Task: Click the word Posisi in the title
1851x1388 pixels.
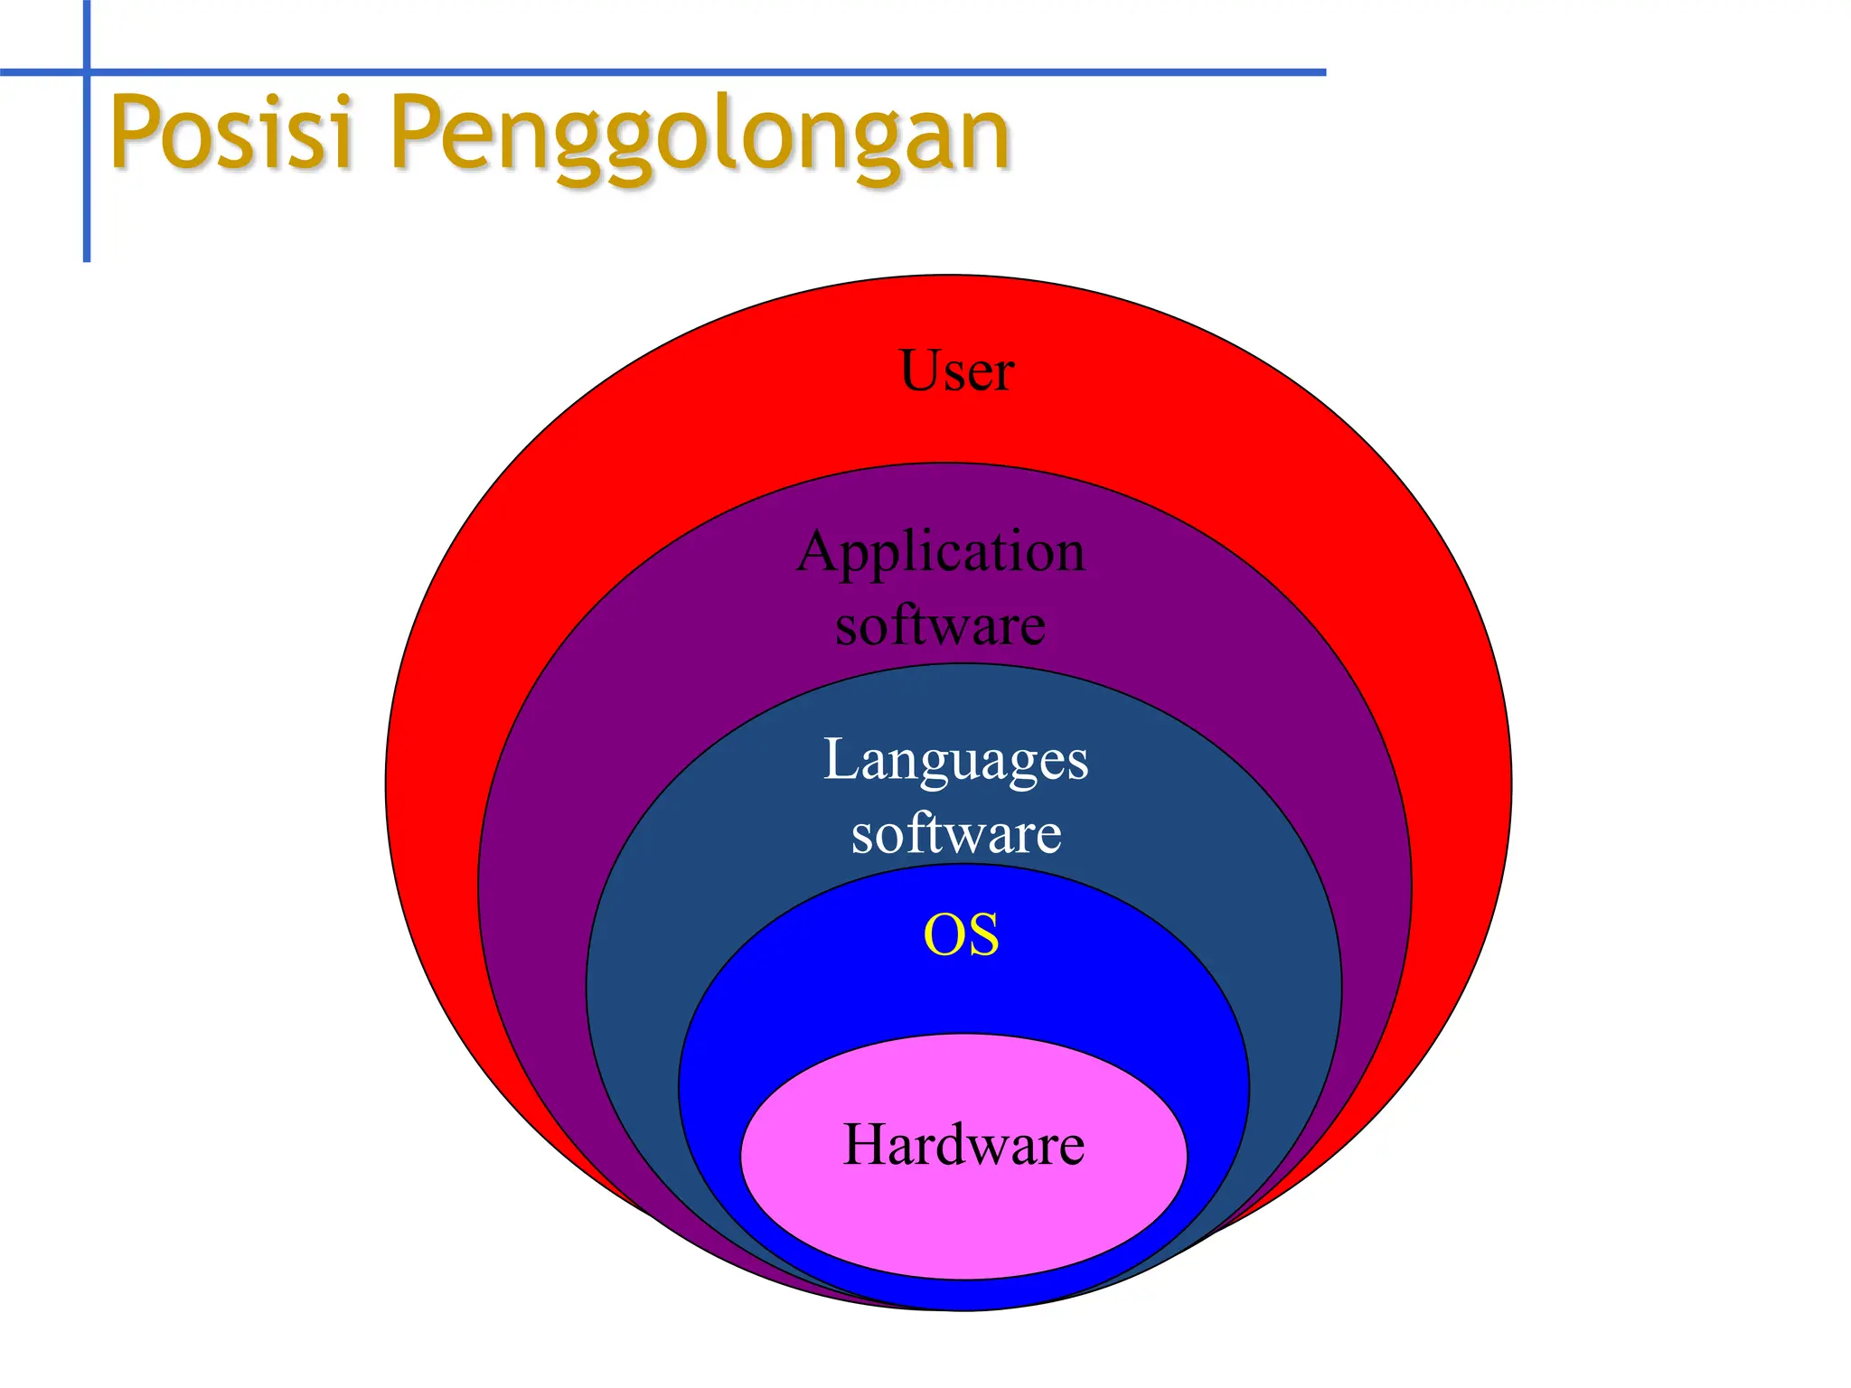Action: click(x=230, y=134)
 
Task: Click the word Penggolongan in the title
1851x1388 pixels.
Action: click(x=700, y=136)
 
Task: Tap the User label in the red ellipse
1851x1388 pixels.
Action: click(x=956, y=370)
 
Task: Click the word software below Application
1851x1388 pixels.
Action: click(x=940, y=625)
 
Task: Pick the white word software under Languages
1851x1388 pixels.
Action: click(x=955, y=833)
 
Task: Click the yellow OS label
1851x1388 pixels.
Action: click(x=961, y=934)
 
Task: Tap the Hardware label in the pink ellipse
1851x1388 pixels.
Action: click(x=963, y=1145)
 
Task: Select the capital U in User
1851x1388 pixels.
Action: click(x=920, y=370)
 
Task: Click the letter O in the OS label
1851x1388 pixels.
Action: click(x=943, y=934)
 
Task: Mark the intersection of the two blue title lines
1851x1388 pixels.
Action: click(x=87, y=71)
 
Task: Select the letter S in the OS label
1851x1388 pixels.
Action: click(x=983, y=934)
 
